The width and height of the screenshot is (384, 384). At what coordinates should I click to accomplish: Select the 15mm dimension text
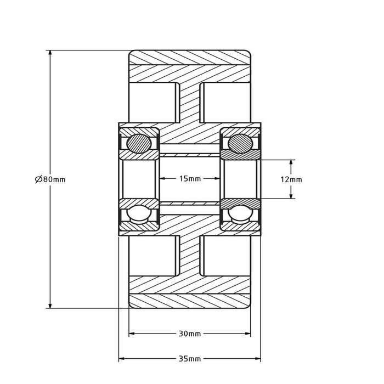190,179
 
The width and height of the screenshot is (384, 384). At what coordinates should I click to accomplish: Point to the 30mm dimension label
190,334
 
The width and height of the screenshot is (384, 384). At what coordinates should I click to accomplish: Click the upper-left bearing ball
138,144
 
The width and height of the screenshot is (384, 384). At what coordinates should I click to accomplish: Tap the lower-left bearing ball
138,214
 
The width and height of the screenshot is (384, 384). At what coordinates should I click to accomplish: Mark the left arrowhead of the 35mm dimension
122,359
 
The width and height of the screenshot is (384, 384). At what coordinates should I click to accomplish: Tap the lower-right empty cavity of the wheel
226,256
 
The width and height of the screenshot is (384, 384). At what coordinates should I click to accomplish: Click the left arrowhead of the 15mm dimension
162,179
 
